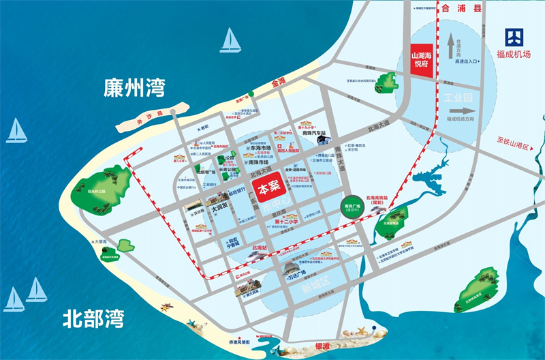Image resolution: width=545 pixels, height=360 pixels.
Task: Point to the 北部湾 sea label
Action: point(93,318)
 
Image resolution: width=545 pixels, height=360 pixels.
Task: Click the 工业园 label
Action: point(458,97)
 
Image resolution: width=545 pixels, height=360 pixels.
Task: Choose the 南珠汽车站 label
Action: point(315,134)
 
